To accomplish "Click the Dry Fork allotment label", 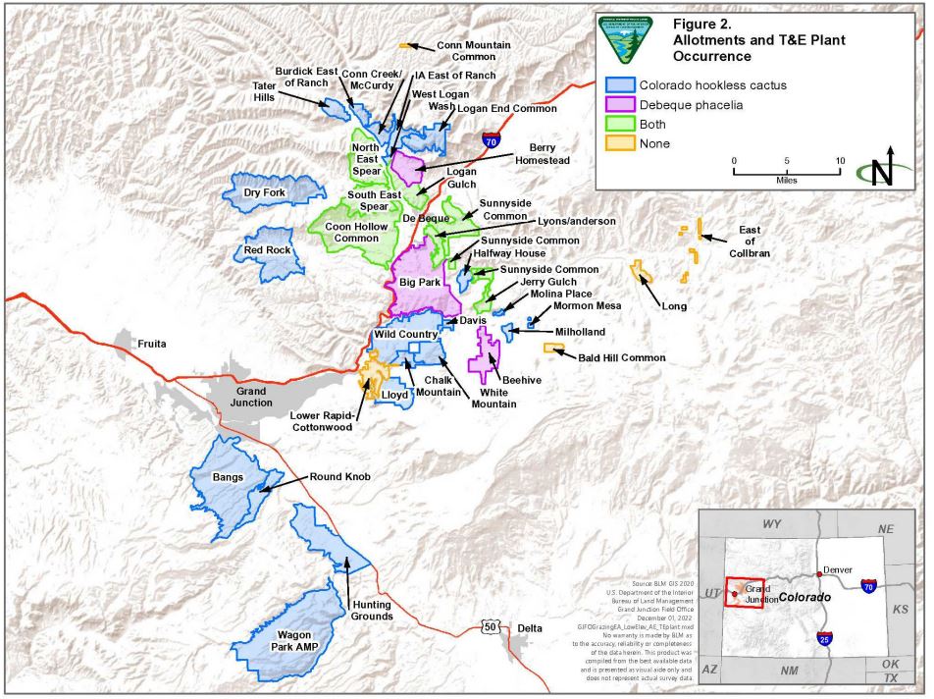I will point(265,193).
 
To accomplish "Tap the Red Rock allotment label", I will point(268,250).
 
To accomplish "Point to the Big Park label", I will point(421,283).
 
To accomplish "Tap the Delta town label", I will point(530,628).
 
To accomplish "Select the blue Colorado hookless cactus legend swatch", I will point(620,85).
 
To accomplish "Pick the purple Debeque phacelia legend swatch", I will point(620,105).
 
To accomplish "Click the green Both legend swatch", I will point(620,125).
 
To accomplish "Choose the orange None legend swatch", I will point(620,144).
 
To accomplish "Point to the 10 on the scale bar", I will point(839,160).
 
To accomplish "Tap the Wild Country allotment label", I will point(403,335).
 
